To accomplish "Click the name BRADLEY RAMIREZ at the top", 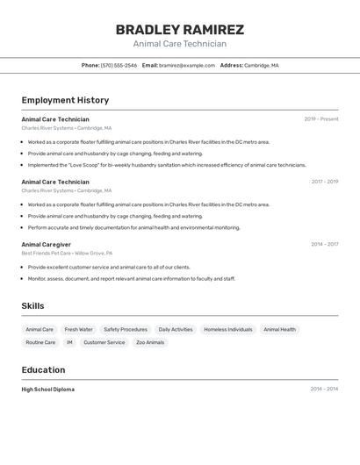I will [180, 30].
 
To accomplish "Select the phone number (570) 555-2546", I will [119, 65].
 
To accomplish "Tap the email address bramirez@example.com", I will [187, 65].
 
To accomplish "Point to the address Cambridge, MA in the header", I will [262, 65].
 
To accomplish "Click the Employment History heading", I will [65, 100].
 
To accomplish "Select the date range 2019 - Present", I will [321, 119].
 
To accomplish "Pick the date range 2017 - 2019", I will [324, 182].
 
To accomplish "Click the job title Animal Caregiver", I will [47, 245].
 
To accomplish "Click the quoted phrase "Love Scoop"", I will [92, 165].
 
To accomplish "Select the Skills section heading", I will [33, 305].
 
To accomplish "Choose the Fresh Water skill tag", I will [78, 330].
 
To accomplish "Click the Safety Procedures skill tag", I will [126, 330].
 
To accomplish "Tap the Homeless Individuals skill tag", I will [228, 330].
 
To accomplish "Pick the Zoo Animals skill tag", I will [150, 343].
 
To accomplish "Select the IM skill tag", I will [69, 343].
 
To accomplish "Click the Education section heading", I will [43, 370].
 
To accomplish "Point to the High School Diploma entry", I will [48, 390].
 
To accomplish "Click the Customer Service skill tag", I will [104, 343].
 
